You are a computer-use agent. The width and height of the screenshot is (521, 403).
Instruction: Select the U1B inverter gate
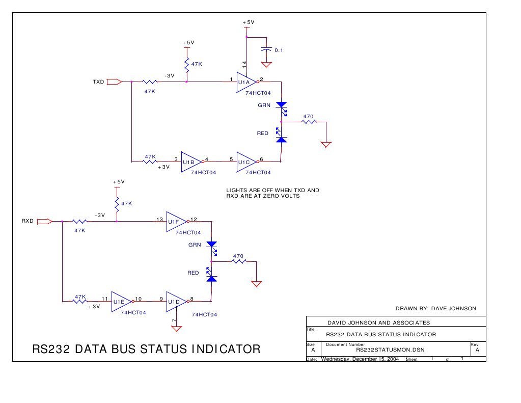191,162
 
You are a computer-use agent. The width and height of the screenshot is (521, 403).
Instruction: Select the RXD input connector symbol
45,221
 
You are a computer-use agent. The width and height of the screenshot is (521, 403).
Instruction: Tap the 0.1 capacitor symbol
266,50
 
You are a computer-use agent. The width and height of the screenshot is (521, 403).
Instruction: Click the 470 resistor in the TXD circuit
308,122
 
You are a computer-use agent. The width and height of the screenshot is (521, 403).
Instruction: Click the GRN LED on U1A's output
282,105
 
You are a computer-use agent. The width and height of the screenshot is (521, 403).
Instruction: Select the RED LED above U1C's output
281,137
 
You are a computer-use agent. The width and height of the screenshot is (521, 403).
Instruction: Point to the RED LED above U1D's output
211,277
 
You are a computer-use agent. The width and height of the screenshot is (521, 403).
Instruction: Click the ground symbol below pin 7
176,328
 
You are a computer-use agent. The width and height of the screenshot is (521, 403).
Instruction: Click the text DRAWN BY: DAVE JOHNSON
435,308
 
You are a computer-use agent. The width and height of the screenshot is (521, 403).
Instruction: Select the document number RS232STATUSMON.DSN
390,350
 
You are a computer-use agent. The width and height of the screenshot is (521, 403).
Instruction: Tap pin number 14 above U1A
244,64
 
